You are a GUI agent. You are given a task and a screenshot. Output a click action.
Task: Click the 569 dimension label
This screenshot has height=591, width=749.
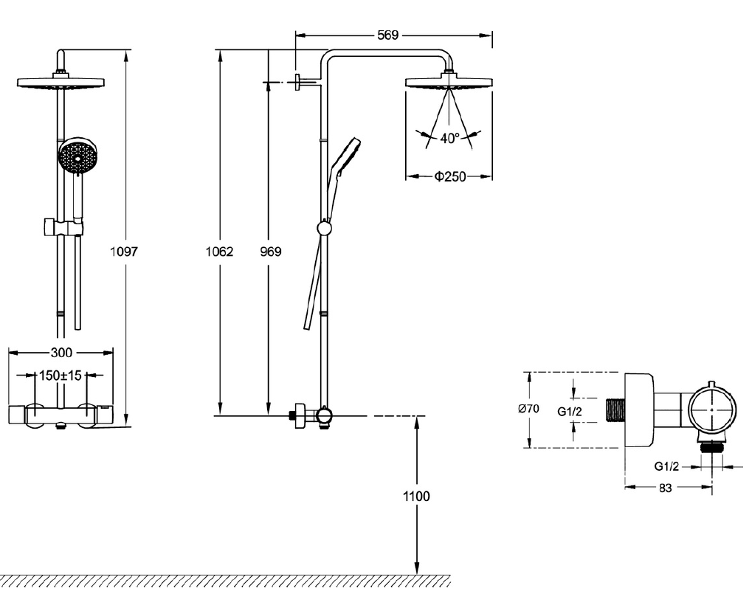click(x=387, y=35)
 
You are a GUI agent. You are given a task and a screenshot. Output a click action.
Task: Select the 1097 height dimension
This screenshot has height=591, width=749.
click(x=124, y=252)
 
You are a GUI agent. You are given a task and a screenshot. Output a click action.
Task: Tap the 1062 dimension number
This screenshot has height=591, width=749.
click(x=219, y=252)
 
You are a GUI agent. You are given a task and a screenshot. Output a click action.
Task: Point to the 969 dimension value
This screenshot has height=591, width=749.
click(x=270, y=252)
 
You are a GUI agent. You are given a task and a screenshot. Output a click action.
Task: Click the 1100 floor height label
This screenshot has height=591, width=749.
click(x=416, y=497)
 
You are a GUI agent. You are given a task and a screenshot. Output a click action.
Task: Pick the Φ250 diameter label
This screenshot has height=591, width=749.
click(x=450, y=177)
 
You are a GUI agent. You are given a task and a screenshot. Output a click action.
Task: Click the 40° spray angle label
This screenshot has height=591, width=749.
click(x=449, y=138)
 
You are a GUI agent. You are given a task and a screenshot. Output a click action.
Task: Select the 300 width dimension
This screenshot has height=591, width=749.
click(x=62, y=353)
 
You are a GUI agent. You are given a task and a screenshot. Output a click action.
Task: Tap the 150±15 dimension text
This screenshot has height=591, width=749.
click(x=61, y=376)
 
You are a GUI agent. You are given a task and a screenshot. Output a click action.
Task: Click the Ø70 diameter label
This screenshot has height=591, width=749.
click(x=529, y=409)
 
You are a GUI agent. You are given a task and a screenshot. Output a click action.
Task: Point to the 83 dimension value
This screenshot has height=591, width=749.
click(x=665, y=488)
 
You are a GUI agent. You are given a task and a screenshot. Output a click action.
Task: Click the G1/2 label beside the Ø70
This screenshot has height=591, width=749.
click(x=570, y=411)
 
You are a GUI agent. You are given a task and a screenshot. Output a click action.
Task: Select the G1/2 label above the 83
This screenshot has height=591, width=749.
click(x=666, y=466)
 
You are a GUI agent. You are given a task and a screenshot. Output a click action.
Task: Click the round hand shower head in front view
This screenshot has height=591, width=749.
click(x=77, y=155)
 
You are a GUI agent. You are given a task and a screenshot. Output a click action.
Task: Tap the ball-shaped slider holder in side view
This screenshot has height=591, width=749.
click(x=325, y=227)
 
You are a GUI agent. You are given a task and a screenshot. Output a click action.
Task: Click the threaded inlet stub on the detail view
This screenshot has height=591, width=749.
click(x=615, y=410)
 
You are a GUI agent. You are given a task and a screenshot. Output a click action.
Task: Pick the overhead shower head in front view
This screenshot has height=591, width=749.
click(x=61, y=81)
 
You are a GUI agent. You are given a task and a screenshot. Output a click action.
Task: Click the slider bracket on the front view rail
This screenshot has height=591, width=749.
click(x=63, y=227)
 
